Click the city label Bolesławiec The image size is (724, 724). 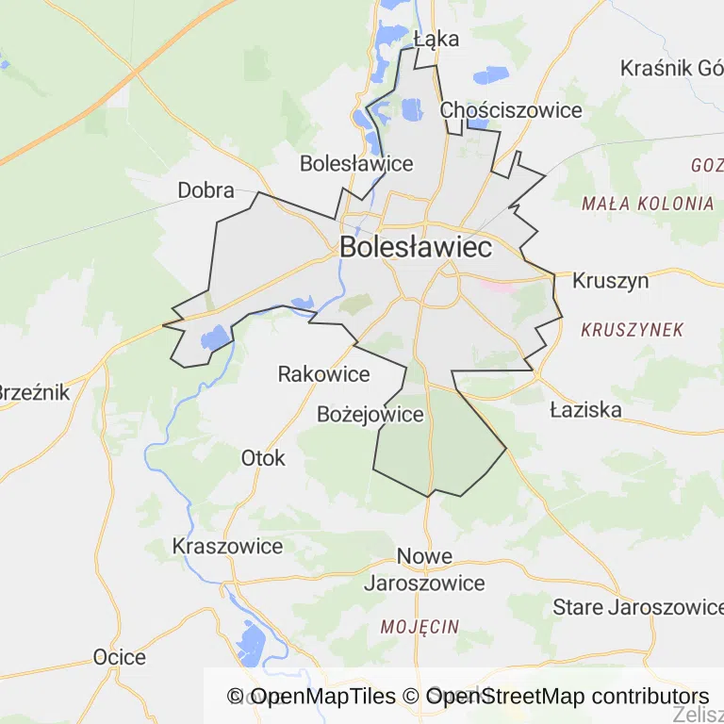click(x=415, y=248)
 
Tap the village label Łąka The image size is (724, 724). click(x=436, y=39)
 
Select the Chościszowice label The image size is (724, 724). click(x=511, y=110)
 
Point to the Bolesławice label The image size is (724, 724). click(x=356, y=163)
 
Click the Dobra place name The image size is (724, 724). click(x=206, y=190)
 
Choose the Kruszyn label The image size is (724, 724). click(x=610, y=281)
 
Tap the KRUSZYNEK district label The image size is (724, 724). click(x=632, y=330)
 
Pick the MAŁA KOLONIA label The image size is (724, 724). click(x=648, y=203)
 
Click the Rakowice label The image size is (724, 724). click(x=323, y=374)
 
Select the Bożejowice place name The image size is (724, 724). click(x=370, y=415)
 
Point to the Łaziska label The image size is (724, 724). click(x=585, y=409)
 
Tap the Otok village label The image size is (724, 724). click(x=263, y=458)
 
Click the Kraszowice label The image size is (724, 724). click(x=227, y=546)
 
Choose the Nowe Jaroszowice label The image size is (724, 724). click(x=424, y=569)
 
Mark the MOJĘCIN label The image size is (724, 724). click(x=420, y=626)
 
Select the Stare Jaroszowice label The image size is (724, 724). click(x=637, y=605)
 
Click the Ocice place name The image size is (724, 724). click(x=120, y=657)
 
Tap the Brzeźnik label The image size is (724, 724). click(x=34, y=392)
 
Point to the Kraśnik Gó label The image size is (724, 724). click(x=670, y=69)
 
